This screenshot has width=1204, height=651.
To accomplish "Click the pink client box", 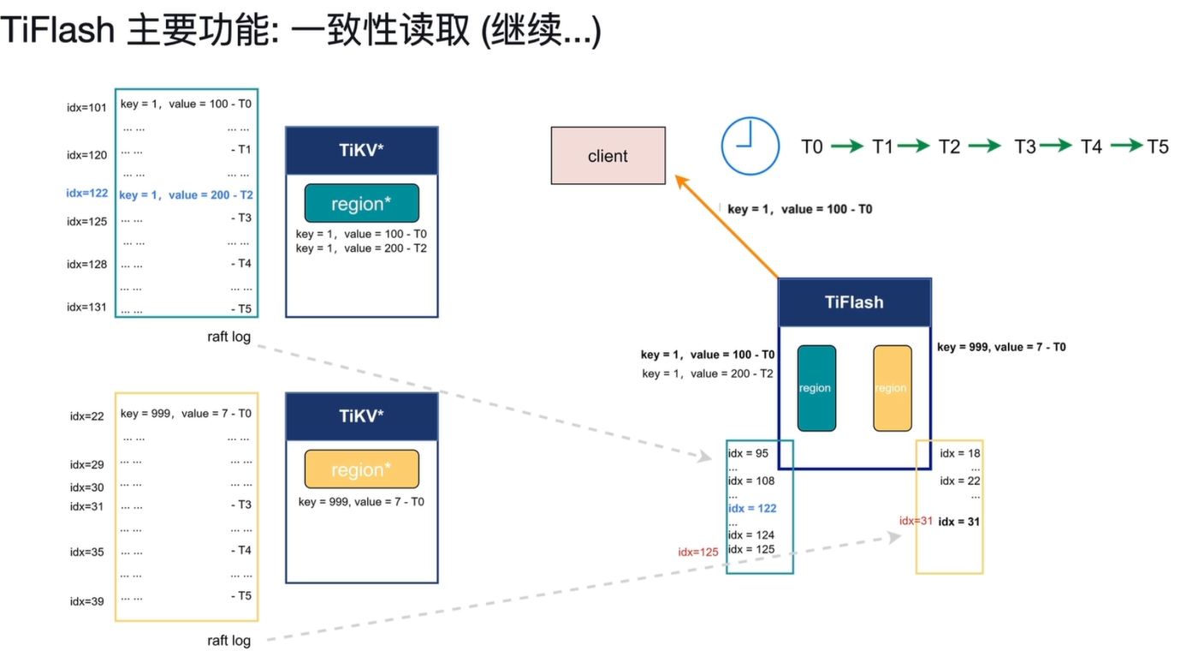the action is [608, 156].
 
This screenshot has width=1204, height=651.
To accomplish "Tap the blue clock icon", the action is [750, 146].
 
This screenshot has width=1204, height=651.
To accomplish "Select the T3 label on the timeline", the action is [1024, 146].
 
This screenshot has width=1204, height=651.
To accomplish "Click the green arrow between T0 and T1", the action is [847, 146].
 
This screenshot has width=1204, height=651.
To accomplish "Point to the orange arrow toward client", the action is [727, 226].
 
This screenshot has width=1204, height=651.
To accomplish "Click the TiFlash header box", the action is [855, 302].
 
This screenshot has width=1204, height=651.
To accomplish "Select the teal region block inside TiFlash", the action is [816, 388].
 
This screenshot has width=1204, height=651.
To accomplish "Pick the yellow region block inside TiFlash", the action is [893, 388].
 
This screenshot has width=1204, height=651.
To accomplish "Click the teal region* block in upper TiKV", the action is [362, 203].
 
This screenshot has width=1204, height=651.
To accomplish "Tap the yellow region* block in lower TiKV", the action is [362, 469].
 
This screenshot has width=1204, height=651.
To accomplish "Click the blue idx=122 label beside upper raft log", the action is [86, 193].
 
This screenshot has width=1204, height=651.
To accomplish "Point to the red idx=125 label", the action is [698, 552].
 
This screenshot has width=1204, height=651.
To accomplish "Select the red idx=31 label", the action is [916, 521].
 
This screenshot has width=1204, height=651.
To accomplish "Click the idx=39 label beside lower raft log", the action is [86, 601].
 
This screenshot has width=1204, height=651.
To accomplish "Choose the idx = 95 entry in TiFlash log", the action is [748, 453].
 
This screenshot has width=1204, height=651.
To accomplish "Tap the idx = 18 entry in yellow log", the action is [960, 453].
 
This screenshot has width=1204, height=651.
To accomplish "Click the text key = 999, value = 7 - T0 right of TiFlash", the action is [1001, 347].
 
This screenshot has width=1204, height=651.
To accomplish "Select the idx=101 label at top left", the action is [86, 108].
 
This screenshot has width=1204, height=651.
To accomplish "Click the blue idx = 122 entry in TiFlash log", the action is [752, 509].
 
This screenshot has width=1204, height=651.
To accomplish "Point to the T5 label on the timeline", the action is [1158, 146].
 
